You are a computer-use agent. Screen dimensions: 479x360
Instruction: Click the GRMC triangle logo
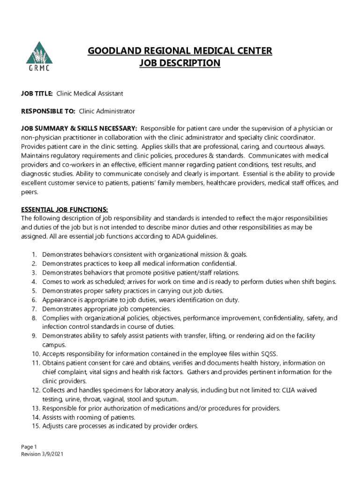[x=39, y=56]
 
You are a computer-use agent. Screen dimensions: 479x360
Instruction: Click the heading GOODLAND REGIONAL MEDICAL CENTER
[x=180, y=51]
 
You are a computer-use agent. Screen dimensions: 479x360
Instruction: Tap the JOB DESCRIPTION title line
[x=180, y=63]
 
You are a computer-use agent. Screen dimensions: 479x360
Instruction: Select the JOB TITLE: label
[x=36, y=94]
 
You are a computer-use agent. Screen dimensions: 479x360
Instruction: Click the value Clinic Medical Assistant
[x=90, y=94]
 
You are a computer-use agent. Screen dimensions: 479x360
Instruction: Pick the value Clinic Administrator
[x=107, y=111]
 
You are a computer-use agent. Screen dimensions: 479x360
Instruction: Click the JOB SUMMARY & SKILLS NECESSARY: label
[x=79, y=128]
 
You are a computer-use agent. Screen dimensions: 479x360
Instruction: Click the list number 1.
[x=34, y=254]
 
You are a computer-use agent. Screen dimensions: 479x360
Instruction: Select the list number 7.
[x=34, y=309]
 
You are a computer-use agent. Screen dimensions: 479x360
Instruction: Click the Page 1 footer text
[x=29, y=446]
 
